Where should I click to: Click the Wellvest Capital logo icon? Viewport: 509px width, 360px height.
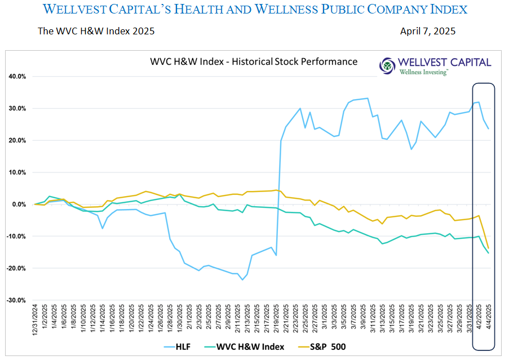click(388, 65)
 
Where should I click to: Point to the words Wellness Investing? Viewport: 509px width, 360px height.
click(423, 72)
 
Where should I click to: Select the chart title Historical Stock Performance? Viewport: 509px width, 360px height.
click(254, 61)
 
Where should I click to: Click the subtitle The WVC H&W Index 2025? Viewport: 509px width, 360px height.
click(96, 32)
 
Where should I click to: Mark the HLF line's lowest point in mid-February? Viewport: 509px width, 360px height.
click(242, 279)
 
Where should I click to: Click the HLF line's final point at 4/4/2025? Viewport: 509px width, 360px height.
click(488, 129)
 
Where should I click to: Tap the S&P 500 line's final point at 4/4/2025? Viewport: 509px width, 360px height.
click(488, 248)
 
